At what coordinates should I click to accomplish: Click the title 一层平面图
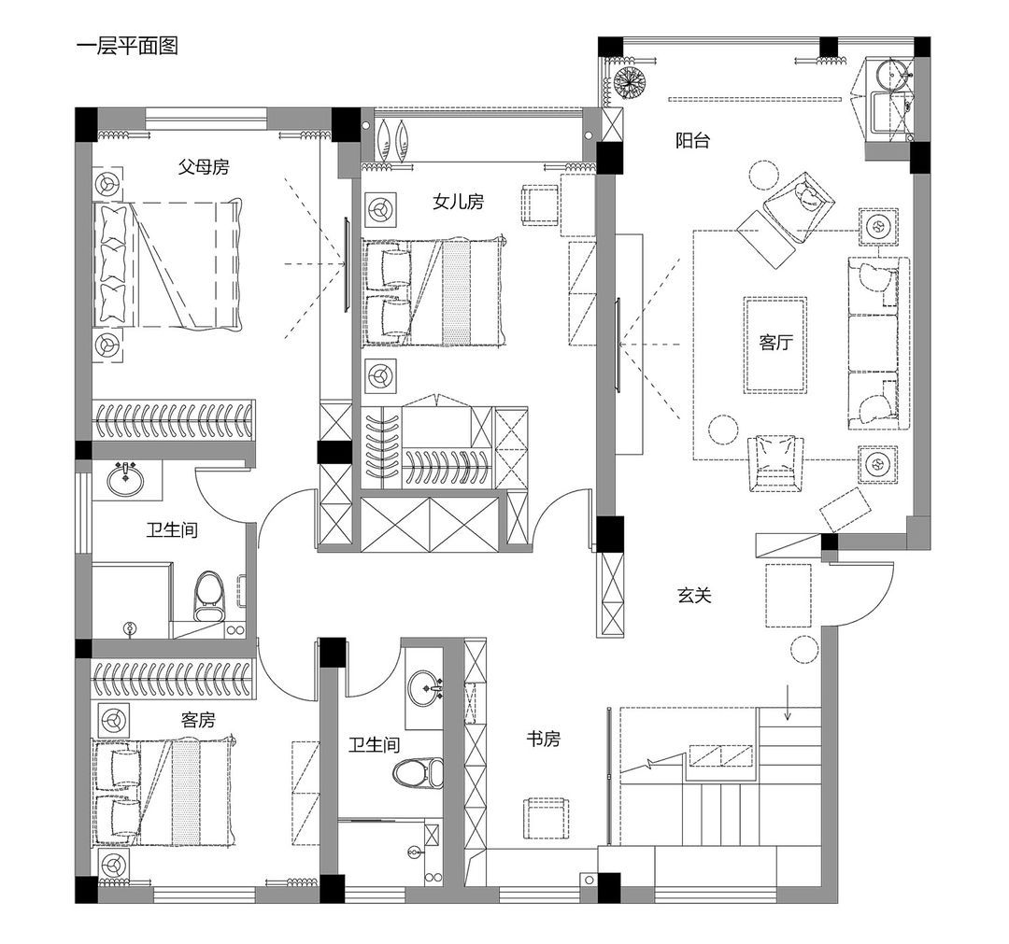[127, 47]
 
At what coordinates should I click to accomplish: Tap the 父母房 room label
[204, 167]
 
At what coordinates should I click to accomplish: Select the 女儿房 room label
[458, 202]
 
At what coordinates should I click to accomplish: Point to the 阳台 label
[692, 140]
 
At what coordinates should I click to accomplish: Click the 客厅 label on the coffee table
[775, 342]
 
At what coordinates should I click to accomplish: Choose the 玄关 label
[694, 595]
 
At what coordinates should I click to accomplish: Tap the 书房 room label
[543, 739]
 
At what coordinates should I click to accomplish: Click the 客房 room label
[197, 720]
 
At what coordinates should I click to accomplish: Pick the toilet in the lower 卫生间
[418, 773]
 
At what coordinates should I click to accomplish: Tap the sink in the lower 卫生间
[424, 688]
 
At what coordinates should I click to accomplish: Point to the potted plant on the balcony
[629, 81]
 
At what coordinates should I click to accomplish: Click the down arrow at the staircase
[787, 702]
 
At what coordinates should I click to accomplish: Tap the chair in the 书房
[547, 817]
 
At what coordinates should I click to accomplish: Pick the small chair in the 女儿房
[540, 205]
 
